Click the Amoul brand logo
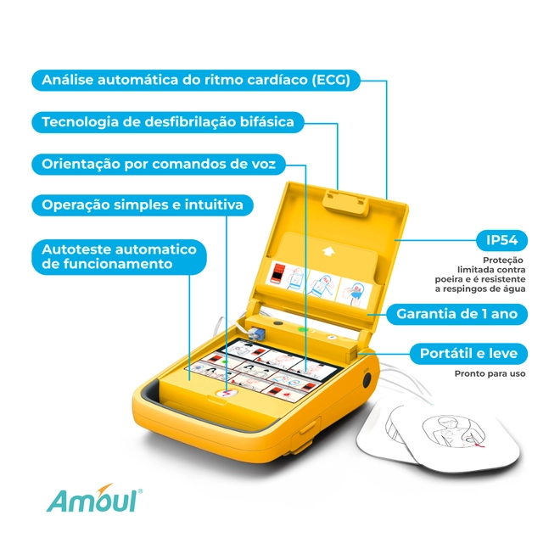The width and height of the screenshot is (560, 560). coord(94,499)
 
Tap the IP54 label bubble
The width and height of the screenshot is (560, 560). coord(501,240)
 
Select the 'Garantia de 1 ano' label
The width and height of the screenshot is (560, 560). coord(456,314)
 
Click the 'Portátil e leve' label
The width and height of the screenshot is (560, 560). coord(468,354)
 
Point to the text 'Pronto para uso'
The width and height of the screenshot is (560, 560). coord(490,373)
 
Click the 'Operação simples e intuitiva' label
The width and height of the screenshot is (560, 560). coord(143,205)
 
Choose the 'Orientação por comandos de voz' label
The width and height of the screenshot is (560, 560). coord(159,164)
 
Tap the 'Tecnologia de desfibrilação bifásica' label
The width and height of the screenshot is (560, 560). coord(168,122)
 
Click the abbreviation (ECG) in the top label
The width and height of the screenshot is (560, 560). coord(331,80)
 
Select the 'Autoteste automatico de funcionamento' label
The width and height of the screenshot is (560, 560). coord(120,257)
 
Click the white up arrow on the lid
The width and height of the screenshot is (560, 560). coord(328,251)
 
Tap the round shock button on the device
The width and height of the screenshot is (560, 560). coord(227,394)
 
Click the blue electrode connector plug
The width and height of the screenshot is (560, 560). coord(257,334)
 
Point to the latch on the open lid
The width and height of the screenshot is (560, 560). coord(345,204)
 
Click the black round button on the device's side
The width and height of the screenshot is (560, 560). coord(367,379)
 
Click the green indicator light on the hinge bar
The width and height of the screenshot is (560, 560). coord(303,329)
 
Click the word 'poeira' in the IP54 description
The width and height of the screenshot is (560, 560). coord(447,279)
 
